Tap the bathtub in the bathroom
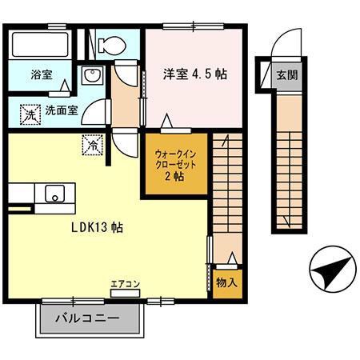(40, 46)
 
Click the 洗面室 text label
(61, 111)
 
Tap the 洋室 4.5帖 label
(194, 74)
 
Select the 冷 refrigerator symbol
(92, 146)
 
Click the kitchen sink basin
(56, 194)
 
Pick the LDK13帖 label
(94, 226)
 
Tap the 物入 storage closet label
(225, 283)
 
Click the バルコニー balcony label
(87, 318)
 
